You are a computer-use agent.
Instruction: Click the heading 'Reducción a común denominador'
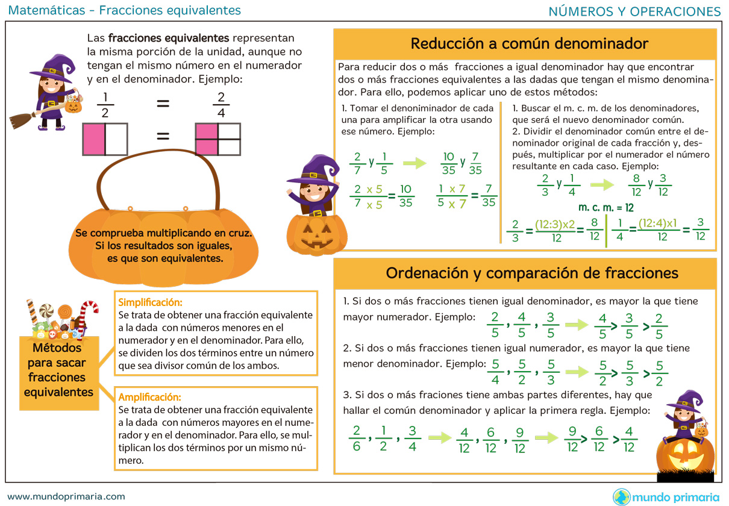pyautogui.click(x=529, y=44)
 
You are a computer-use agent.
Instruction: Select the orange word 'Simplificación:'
pyautogui.click(x=150, y=302)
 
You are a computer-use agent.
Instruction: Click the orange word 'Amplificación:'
pyautogui.click(x=149, y=398)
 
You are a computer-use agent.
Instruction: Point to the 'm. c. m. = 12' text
pyautogui.click(x=606, y=207)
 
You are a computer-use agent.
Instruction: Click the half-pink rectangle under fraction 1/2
pyautogui.click(x=105, y=139)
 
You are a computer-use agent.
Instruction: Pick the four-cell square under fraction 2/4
pyautogui.click(x=218, y=139)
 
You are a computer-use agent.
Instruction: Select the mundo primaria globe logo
pyautogui.click(x=621, y=497)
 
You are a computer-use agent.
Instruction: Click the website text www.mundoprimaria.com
pyautogui.click(x=66, y=496)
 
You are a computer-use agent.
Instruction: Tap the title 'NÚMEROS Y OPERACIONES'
pyautogui.click(x=635, y=11)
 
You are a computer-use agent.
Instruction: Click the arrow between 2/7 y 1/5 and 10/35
pyautogui.click(x=414, y=163)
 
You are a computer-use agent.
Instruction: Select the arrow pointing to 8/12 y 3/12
pyautogui.click(x=602, y=184)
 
